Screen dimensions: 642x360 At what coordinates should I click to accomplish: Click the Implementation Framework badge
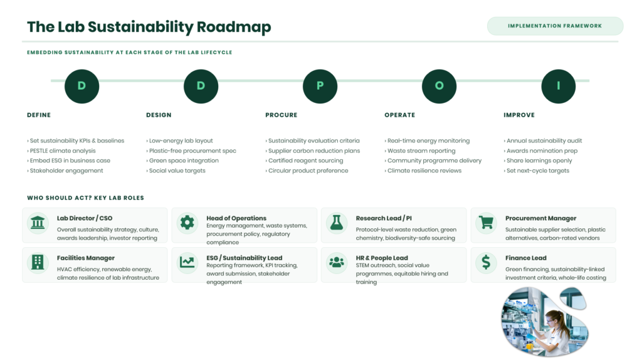[x=555, y=26]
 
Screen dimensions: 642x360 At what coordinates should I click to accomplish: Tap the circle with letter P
[x=320, y=86]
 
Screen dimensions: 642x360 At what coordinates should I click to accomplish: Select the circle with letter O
[x=439, y=86]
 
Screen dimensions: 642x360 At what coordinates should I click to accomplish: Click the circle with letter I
[x=558, y=86]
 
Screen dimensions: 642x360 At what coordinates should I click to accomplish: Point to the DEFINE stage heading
[x=39, y=115]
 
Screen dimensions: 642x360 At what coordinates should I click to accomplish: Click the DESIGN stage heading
[x=159, y=115]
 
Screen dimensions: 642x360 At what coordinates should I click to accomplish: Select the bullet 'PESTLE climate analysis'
[x=61, y=151]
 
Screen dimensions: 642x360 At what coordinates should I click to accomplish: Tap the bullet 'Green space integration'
[x=182, y=161]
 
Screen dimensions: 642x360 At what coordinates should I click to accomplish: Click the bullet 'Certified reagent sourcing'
[x=304, y=161]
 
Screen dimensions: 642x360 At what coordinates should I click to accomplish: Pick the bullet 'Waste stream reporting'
[x=420, y=151]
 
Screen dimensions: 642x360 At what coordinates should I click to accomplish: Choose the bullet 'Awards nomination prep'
[x=540, y=151]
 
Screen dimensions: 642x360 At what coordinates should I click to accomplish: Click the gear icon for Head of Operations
[x=187, y=223]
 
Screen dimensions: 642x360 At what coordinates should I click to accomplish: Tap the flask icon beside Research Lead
[x=337, y=223]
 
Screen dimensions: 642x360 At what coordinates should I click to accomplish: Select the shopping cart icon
[x=487, y=223]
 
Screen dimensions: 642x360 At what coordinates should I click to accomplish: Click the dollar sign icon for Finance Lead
[x=486, y=262]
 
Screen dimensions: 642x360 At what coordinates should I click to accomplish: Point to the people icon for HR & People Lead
[x=337, y=262]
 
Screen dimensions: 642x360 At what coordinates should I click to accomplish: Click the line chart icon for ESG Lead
[x=187, y=262]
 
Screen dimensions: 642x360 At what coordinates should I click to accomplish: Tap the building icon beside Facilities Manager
[x=38, y=262]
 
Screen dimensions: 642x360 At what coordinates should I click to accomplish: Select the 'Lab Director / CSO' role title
[x=85, y=218]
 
